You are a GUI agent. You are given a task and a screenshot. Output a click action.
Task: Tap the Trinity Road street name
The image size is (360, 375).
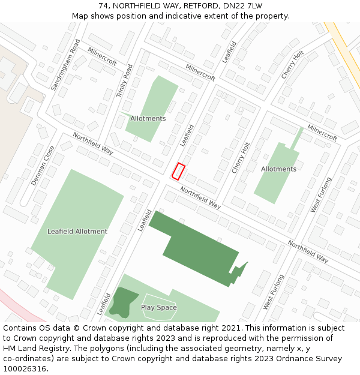(125, 82)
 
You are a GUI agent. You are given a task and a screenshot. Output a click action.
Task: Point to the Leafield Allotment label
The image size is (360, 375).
(77, 231)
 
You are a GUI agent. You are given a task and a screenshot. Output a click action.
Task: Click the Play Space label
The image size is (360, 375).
(159, 307)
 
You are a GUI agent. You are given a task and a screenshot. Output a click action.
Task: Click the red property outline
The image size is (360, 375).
(178, 171)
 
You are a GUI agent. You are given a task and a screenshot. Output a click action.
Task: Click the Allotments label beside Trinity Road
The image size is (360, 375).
(148, 118)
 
